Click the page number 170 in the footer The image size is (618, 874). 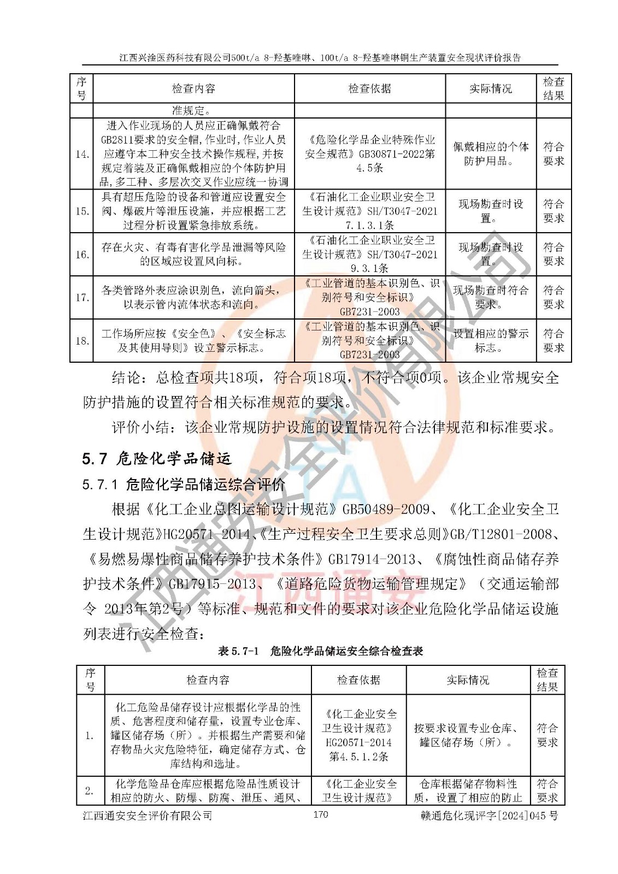coord(320,814)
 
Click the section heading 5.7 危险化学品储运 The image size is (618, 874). coord(157,458)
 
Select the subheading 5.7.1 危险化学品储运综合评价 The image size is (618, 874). coord(184,484)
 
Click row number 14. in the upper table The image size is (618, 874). coord(82,154)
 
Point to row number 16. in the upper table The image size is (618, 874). coord(82,255)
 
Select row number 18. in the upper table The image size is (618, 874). coord(82,341)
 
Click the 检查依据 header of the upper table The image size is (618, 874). coord(370,88)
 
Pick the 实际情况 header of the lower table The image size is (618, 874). coord(468,680)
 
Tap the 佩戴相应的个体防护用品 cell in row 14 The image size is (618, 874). coord(491,153)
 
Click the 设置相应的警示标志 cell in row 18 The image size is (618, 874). coord(491,340)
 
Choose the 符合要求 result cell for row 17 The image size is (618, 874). coord(554,297)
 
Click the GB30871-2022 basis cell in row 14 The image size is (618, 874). coord(370,153)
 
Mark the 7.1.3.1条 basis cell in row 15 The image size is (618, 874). coord(370,211)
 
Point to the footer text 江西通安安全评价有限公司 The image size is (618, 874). coord(148,816)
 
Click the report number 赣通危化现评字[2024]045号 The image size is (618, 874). coord(489,816)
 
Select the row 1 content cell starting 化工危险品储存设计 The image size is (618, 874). coord(208,735)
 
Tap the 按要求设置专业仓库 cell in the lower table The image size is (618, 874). coord(468,735)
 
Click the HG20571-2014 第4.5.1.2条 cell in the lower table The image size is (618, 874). coord(358,735)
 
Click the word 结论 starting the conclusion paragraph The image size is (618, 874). coord(126,377)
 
